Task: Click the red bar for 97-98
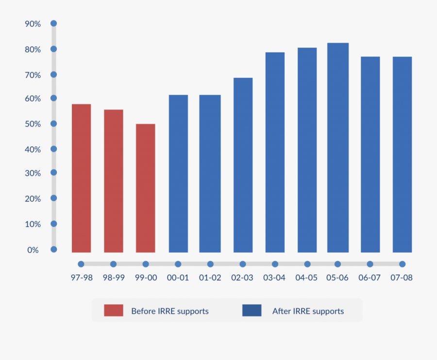pos(81,178)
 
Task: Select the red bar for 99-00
pos(146,188)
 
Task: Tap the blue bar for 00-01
pos(178,173)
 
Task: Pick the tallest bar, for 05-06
pos(337,148)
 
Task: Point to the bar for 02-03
pos(243,165)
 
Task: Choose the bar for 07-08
pos(402,154)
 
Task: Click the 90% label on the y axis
pos(33,24)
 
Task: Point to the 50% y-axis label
pos(33,124)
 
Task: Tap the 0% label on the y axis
pos(33,250)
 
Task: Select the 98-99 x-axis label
pos(113,278)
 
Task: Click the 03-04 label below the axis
pos(275,278)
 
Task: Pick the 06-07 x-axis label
pos(370,278)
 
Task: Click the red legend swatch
pos(114,310)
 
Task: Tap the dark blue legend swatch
pos(252,310)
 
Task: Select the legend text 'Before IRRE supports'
pos(170,311)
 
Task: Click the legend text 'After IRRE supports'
pos(308,311)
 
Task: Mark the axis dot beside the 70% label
pos(54,75)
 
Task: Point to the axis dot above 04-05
pos(307,264)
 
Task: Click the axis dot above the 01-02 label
pos(210,264)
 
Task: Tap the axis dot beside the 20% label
pos(54,198)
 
